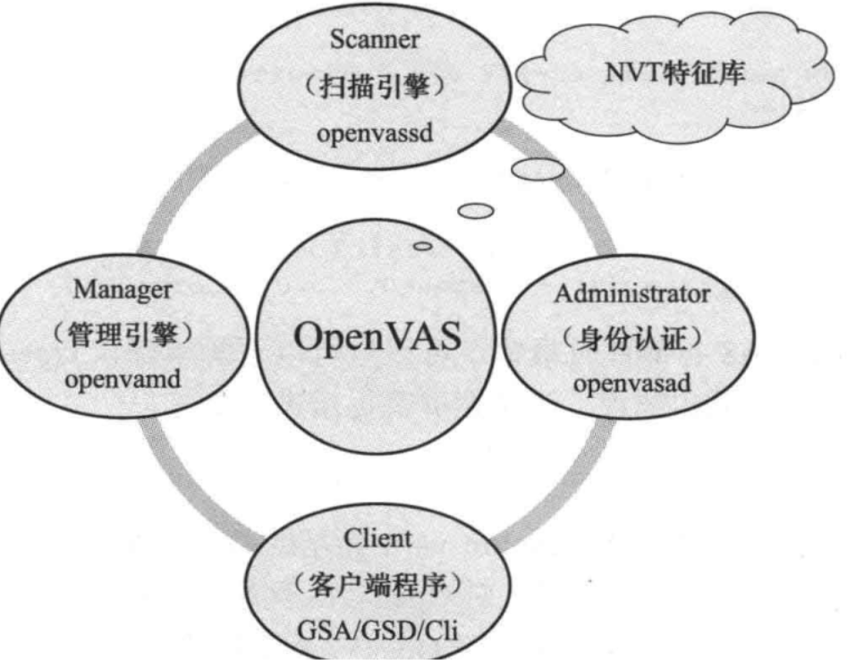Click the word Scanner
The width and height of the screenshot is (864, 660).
point(375,38)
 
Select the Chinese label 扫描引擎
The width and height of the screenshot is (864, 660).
point(377,88)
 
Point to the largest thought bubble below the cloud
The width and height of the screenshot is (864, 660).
point(537,168)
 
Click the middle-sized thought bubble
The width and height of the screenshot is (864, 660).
point(476,210)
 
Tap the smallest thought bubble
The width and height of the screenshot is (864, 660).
point(423,246)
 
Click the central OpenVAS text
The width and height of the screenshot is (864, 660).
point(378,338)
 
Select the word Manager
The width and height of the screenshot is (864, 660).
point(123,289)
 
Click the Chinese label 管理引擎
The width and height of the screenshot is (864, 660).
point(123,336)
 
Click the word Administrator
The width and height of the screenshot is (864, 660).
point(632,292)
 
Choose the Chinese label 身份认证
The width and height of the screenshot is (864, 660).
point(632,340)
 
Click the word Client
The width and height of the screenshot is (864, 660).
point(378,538)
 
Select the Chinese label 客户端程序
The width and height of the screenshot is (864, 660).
point(378,587)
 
